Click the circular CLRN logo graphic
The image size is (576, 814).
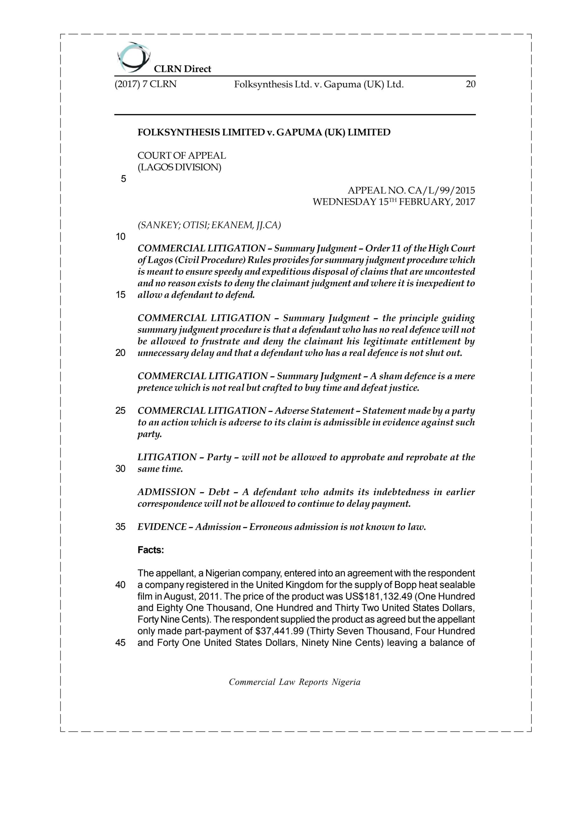[x=133, y=57]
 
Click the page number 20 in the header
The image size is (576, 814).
[x=470, y=84]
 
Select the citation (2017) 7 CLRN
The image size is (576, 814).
[x=145, y=84]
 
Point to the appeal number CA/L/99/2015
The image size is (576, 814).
[x=441, y=191]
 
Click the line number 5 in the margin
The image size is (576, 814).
[x=123, y=179]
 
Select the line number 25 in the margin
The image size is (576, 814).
[x=121, y=410]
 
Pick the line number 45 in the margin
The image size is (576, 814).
[x=121, y=642]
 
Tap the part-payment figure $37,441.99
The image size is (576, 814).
[x=278, y=631]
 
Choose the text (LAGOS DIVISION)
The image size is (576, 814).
[x=179, y=167]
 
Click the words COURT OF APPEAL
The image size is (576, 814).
[x=182, y=155]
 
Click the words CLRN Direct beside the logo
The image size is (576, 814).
[x=182, y=69]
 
